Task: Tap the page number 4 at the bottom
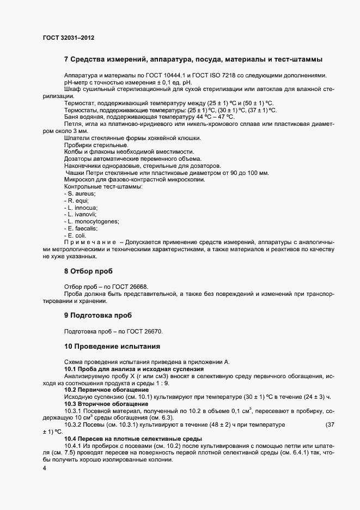coord(45,468)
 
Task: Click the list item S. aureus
coord(81,193)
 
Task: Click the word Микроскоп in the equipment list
coord(80,180)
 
